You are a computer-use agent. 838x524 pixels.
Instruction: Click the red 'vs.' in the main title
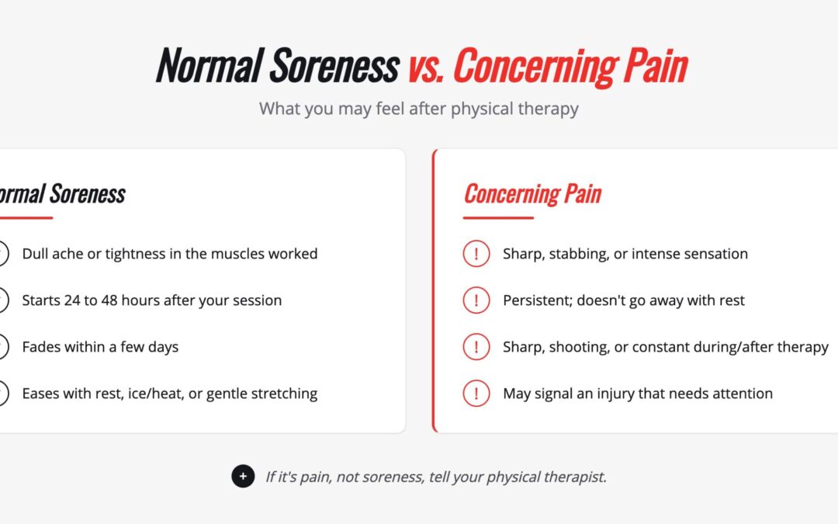tap(426, 68)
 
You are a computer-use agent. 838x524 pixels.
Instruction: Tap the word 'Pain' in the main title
tap(656, 66)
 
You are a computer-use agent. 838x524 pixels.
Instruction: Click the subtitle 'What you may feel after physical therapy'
tap(419, 109)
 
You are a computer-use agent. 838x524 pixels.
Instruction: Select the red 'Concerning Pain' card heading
tap(533, 193)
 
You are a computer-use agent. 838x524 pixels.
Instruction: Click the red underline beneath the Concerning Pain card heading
tap(498, 217)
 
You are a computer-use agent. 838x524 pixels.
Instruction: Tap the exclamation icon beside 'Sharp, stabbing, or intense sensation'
tap(476, 253)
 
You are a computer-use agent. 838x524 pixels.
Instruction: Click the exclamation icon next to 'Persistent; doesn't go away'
tap(476, 300)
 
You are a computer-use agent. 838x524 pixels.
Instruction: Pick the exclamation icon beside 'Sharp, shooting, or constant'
tap(476, 346)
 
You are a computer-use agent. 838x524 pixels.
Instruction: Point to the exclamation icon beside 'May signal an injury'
tap(476, 394)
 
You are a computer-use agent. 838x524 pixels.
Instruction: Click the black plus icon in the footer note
tap(243, 476)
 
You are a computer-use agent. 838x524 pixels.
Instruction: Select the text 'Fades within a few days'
tap(100, 347)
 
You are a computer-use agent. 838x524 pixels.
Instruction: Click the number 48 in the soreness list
tap(109, 300)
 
